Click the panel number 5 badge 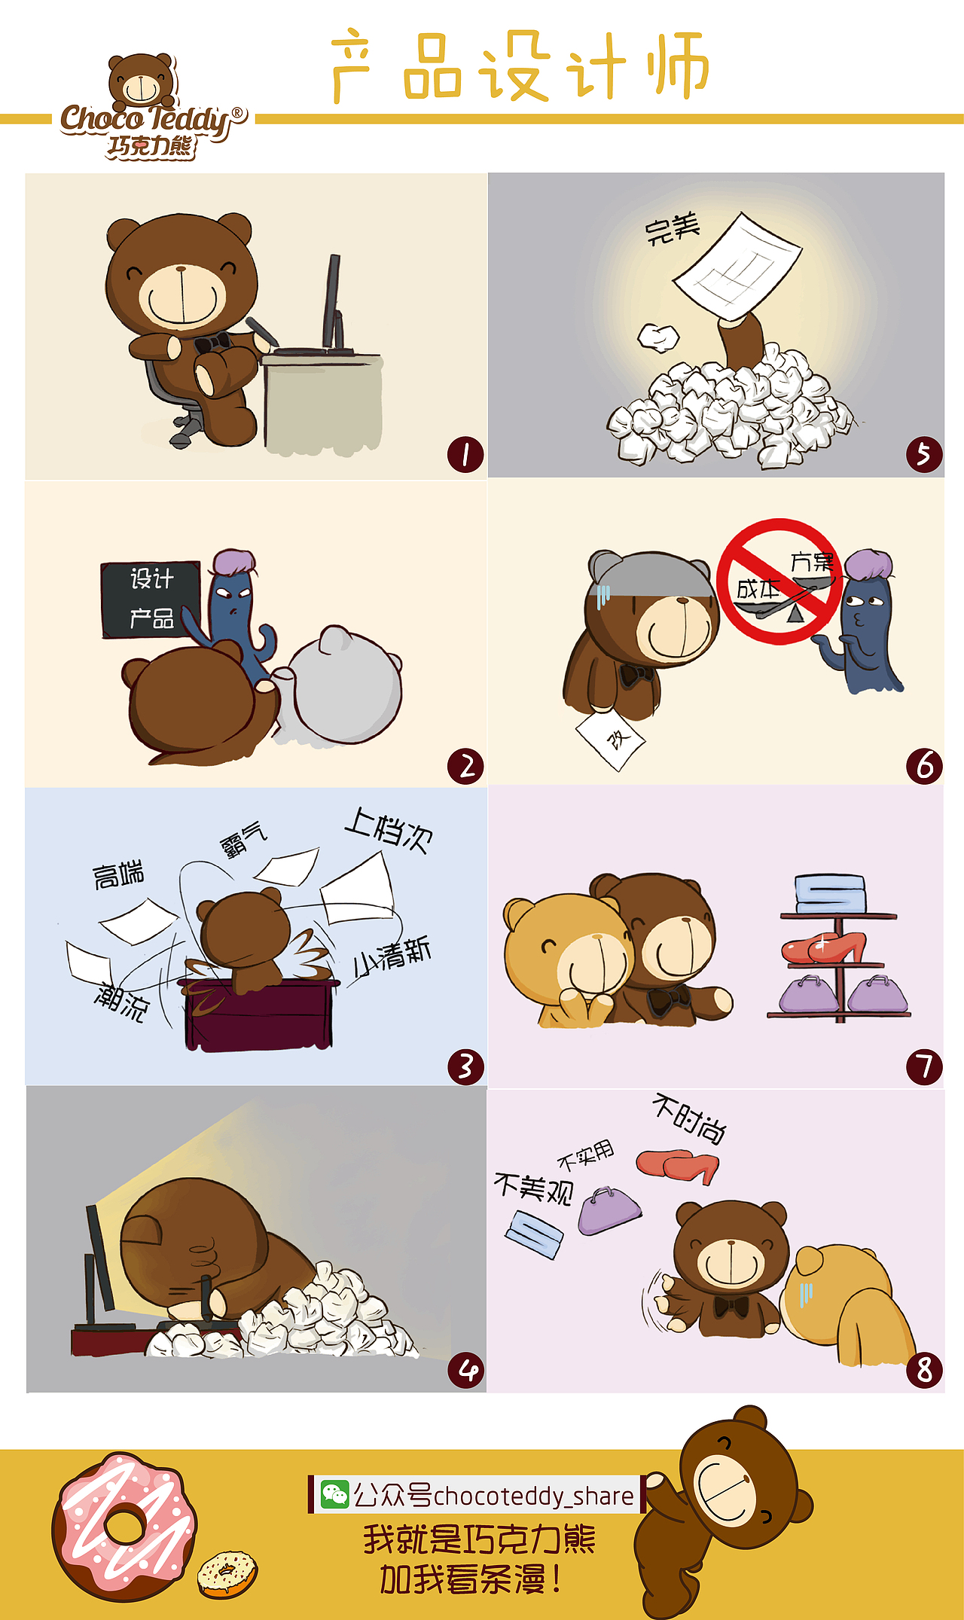924,455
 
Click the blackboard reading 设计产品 151,599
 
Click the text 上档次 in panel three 389,831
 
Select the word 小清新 392,956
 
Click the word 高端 118,874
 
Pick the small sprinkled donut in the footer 227,1573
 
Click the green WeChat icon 334,1494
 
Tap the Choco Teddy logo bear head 141,81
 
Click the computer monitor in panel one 332,301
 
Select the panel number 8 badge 924,1369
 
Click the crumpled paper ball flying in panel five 658,337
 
